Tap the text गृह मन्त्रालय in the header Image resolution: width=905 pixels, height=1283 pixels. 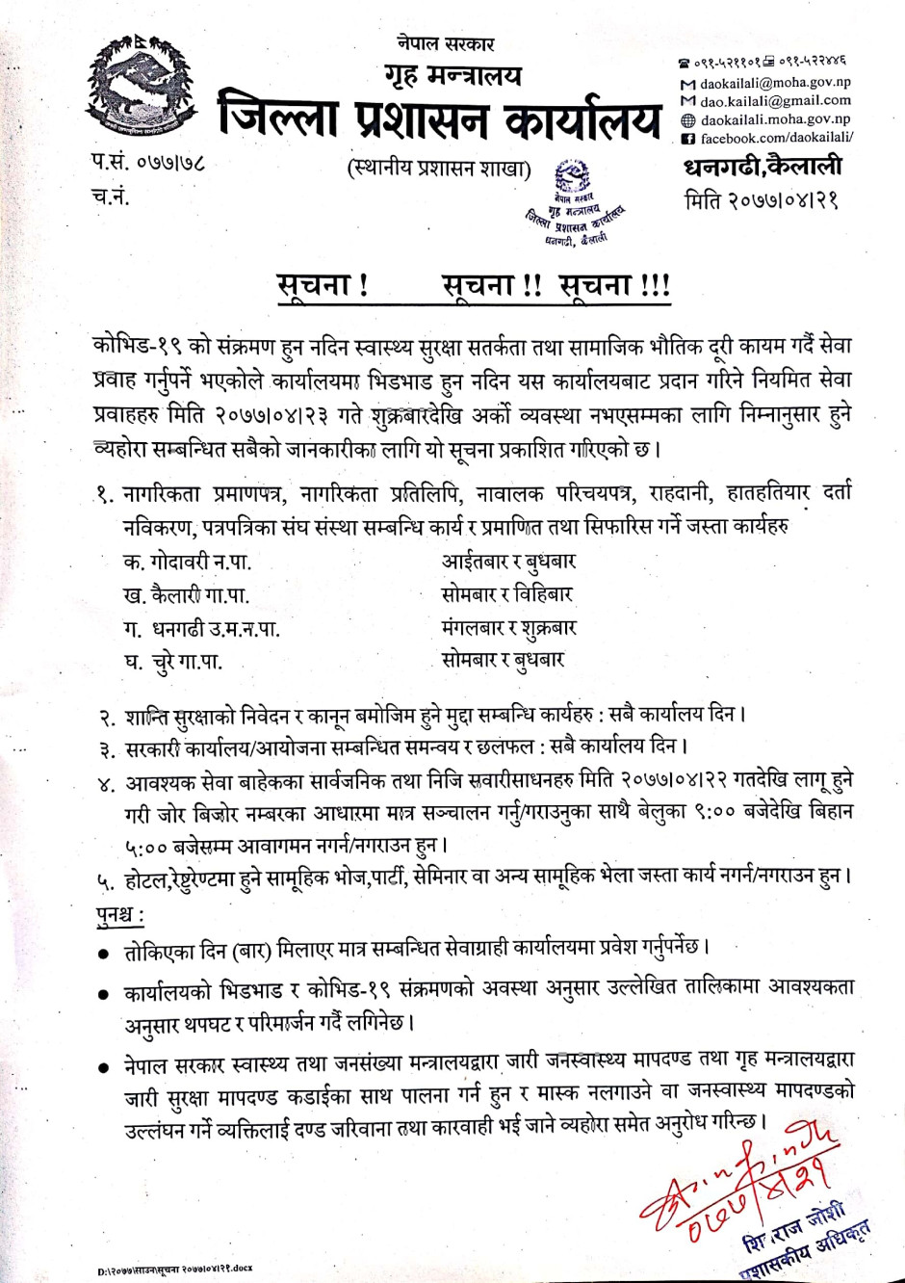click(x=452, y=74)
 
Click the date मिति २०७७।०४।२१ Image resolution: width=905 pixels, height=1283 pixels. click(x=761, y=200)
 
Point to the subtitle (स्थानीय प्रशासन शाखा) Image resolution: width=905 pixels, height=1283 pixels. click(x=439, y=169)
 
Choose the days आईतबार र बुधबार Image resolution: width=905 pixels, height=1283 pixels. click(x=508, y=562)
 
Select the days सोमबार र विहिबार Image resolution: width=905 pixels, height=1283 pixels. click(x=506, y=594)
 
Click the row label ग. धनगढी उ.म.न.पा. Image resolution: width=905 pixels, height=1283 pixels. click(x=201, y=629)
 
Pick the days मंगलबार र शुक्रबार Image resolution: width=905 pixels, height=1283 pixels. click(x=508, y=628)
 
